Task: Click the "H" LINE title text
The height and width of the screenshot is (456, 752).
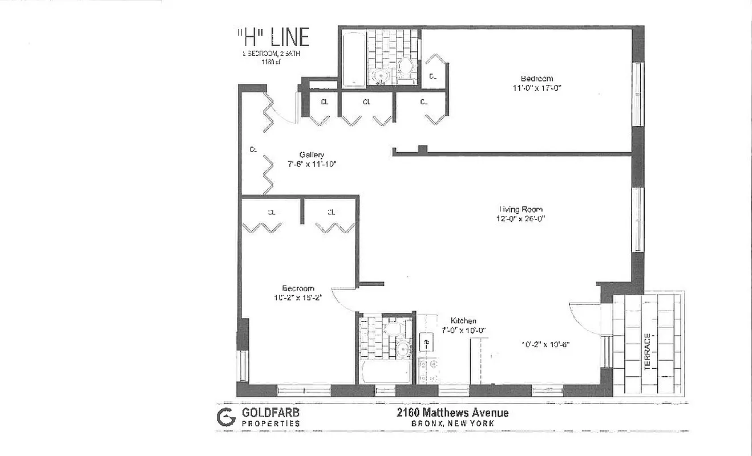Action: tap(273, 38)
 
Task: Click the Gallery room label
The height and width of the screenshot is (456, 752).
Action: tap(312, 155)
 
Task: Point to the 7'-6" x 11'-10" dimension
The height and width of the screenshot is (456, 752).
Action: tap(312, 164)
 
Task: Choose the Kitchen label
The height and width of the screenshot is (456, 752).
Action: tap(463, 321)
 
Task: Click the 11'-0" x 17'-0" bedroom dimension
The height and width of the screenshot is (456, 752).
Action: tap(536, 88)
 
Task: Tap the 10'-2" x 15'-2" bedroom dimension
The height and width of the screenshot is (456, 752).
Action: tap(298, 297)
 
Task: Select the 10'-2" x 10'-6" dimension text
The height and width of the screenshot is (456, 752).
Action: tap(545, 344)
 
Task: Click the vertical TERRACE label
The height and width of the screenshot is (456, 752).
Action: tap(648, 352)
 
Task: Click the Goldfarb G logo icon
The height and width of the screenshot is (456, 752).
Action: tap(226, 417)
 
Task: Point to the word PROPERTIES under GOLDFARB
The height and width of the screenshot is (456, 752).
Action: tap(271, 424)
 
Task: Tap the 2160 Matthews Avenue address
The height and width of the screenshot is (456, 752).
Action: tap(452, 413)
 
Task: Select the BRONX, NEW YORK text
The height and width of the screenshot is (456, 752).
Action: tap(452, 424)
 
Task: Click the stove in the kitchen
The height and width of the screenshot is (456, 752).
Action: tap(428, 370)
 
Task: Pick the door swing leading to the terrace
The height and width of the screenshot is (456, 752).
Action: tap(585, 317)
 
